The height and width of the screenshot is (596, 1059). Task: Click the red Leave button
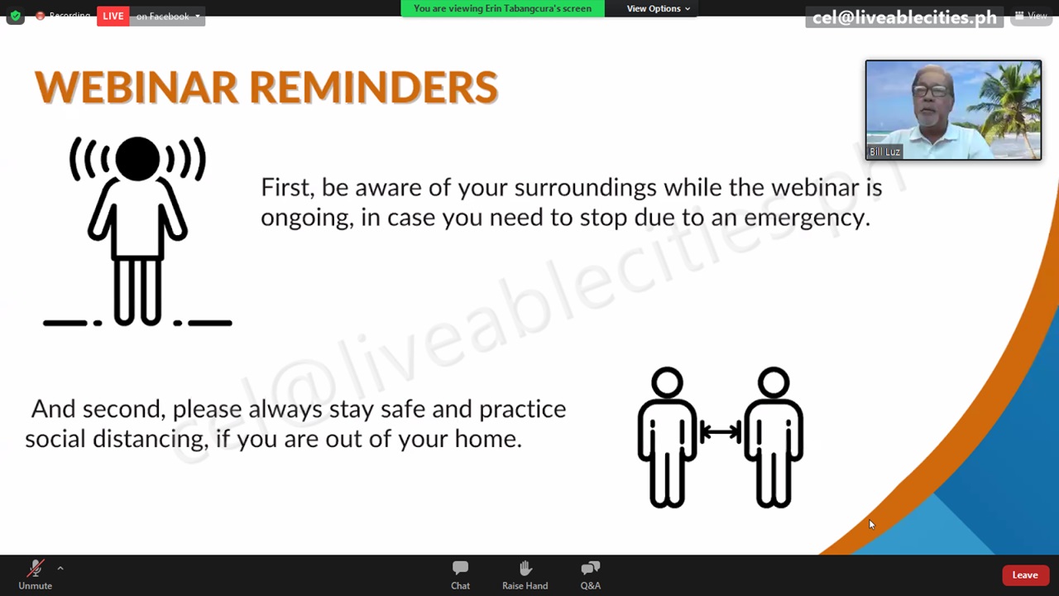pyautogui.click(x=1025, y=575)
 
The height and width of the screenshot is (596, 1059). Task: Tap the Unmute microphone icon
pyautogui.click(x=35, y=568)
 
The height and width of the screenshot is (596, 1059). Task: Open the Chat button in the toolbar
pyautogui.click(x=460, y=575)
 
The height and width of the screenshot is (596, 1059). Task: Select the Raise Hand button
pyautogui.click(x=525, y=575)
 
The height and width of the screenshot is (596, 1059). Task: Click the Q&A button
pyautogui.click(x=591, y=575)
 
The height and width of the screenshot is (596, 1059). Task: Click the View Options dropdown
pyautogui.click(x=658, y=8)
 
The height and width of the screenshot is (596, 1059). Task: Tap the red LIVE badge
pyautogui.click(x=113, y=16)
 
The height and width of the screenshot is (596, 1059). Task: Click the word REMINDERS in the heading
pyautogui.click(x=373, y=87)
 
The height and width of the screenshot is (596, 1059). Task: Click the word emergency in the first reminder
pyautogui.click(x=807, y=218)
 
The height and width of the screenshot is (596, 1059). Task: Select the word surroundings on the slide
pyautogui.click(x=585, y=188)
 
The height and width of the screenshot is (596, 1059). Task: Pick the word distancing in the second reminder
pyautogui.click(x=151, y=440)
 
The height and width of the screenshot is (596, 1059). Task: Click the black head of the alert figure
pyautogui.click(x=137, y=159)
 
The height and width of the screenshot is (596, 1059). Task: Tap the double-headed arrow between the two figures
pyautogui.click(x=720, y=432)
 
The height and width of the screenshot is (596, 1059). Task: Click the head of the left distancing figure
pyautogui.click(x=667, y=382)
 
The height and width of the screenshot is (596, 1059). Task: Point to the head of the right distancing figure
pyautogui.click(x=774, y=382)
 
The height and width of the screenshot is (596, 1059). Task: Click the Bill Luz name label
pyautogui.click(x=884, y=151)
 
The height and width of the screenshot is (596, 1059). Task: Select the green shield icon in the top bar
pyautogui.click(x=16, y=16)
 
